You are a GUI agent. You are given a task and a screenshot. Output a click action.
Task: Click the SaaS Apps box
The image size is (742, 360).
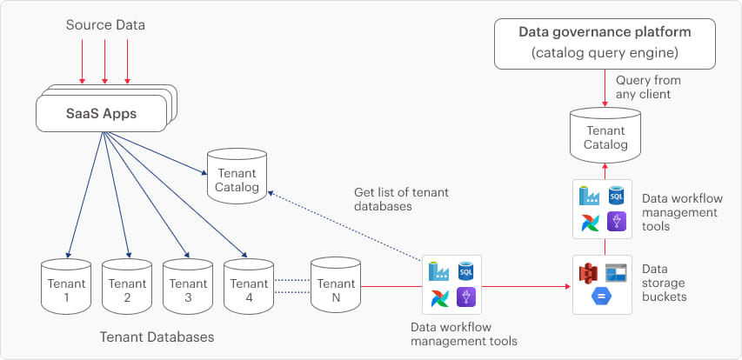point(102,114)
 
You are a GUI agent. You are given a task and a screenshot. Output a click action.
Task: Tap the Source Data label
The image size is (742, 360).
point(105,25)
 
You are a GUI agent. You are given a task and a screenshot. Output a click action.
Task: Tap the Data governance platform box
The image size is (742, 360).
point(605,42)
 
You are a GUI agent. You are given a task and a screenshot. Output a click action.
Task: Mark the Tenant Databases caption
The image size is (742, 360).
point(157,337)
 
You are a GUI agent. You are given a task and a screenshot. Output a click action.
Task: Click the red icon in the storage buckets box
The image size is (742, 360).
point(588,274)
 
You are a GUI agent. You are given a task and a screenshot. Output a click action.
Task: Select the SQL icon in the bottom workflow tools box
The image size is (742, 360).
point(465,272)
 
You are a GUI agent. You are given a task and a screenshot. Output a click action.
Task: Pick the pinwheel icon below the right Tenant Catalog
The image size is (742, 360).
point(589,223)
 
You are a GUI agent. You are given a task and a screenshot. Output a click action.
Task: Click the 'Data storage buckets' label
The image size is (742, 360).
point(665,283)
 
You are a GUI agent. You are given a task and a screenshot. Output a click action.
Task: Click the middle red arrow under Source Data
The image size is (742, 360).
point(104,60)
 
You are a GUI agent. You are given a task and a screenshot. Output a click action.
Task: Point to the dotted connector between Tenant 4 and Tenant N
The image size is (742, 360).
point(293,284)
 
